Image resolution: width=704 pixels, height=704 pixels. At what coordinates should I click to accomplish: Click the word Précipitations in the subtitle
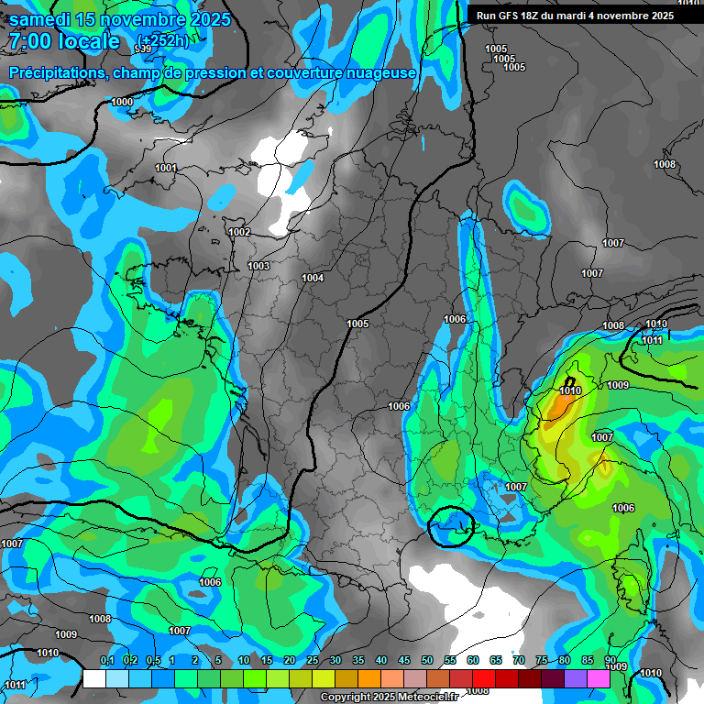click(x=57, y=72)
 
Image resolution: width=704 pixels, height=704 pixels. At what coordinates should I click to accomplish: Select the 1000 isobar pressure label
click(x=122, y=102)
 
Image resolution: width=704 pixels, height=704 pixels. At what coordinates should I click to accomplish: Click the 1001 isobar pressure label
click(x=166, y=168)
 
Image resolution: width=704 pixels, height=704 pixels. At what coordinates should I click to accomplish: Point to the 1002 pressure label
click(x=239, y=232)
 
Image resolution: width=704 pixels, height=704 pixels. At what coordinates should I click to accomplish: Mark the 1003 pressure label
click(x=258, y=266)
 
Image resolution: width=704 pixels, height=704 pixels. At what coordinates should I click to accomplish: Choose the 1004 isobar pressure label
click(x=313, y=278)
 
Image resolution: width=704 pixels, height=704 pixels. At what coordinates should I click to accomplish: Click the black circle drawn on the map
click(x=452, y=526)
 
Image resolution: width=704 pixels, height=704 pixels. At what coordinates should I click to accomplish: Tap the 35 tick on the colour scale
click(x=358, y=661)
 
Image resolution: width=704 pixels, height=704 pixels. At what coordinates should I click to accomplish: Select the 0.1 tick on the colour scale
click(x=106, y=661)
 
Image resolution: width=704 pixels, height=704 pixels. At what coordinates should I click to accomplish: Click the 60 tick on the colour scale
click(x=473, y=661)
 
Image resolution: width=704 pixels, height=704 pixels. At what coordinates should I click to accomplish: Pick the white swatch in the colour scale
click(x=94, y=679)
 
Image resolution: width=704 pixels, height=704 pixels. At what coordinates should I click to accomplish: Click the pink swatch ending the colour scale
click(x=599, y=679)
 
